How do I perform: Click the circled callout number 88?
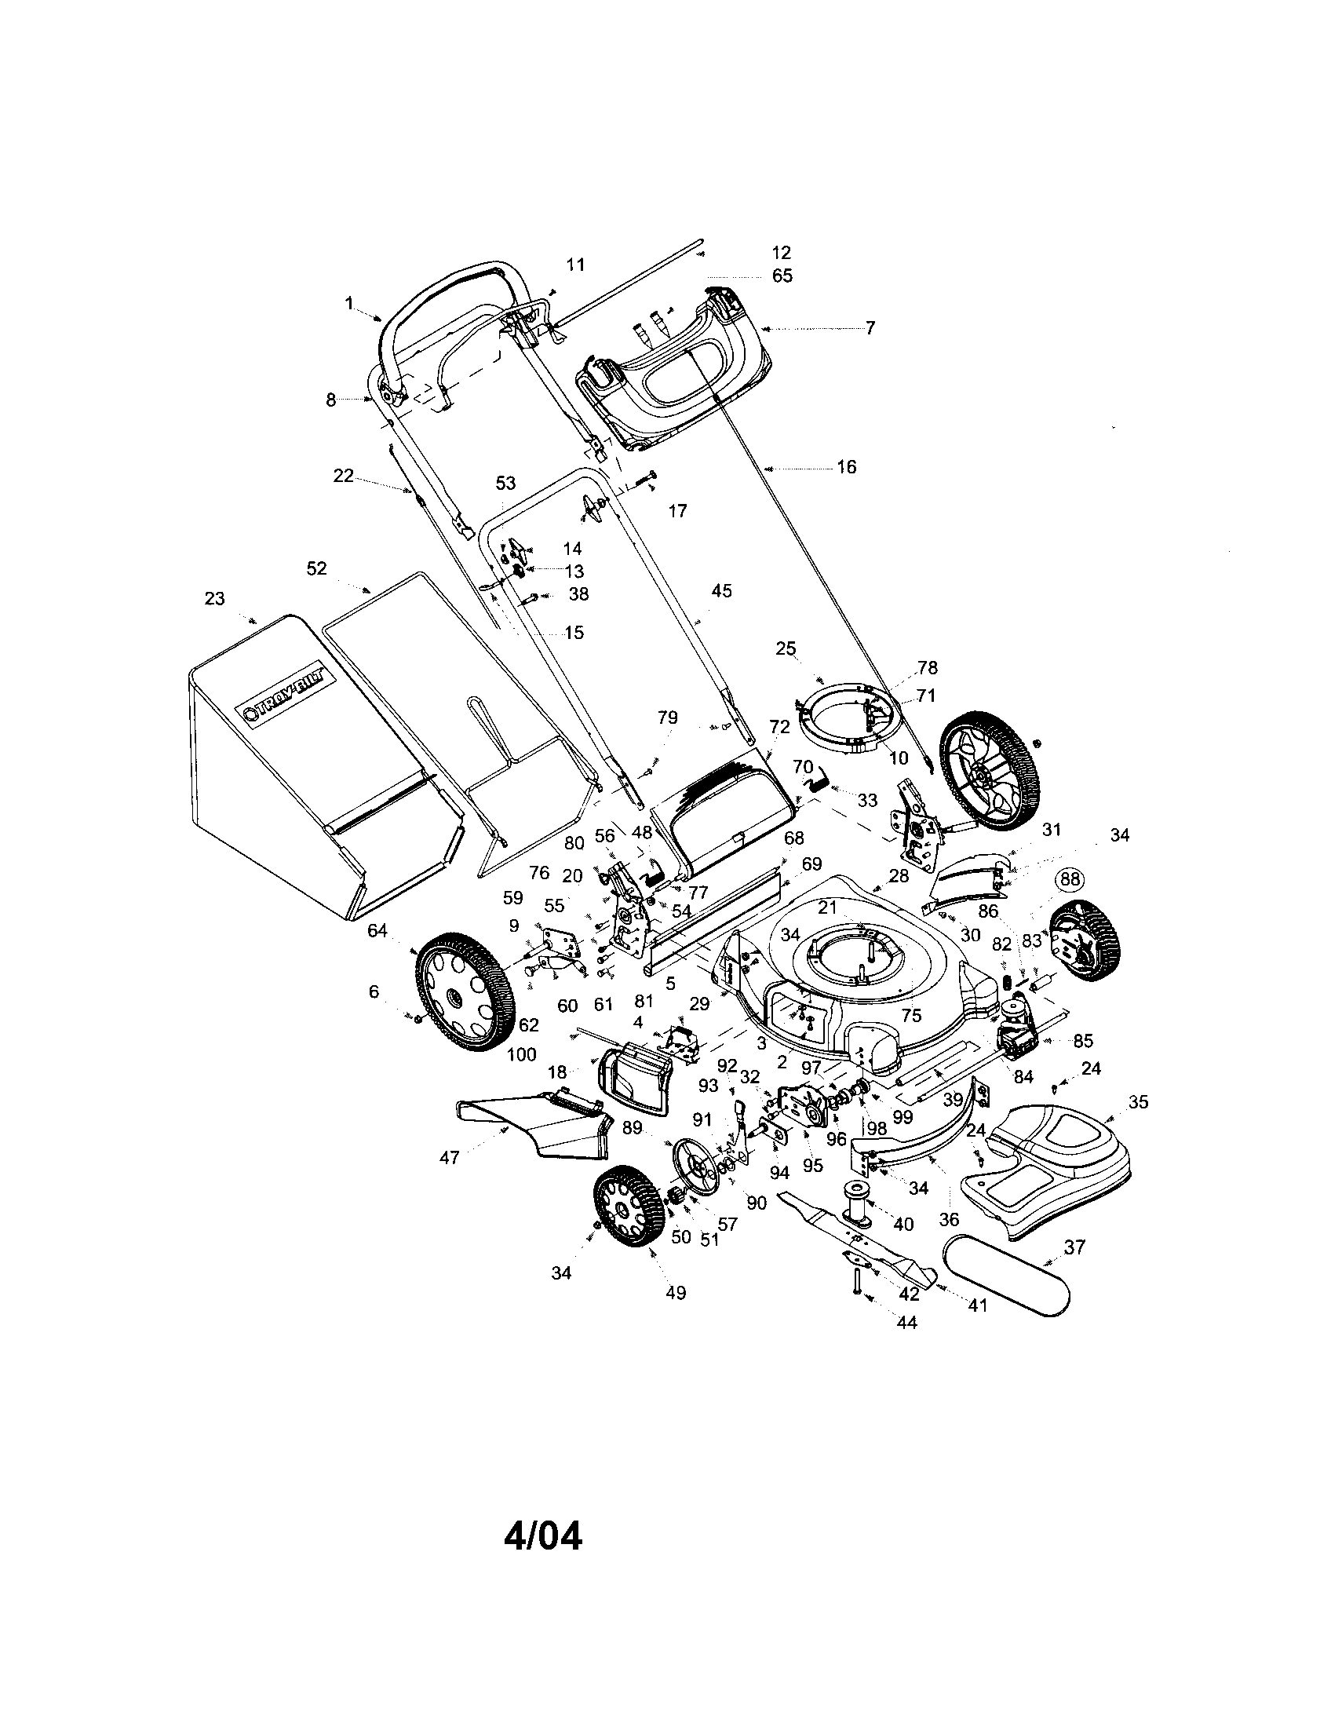pyautogui.click(x=1070, y=879)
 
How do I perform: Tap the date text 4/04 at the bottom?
pyautogui.click(x=543, y=1536)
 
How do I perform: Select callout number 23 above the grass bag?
pyautogui.click(x=214, y=599)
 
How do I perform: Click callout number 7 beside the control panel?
pyautogui.click(x=870, y=328)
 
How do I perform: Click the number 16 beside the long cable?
pyautogui.click(x=847, y=467)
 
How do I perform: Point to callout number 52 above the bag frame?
pyautogui.click(x=316, y=568)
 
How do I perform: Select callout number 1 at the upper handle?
pyautogui.click(x=349, y=304)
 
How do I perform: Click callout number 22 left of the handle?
pyautogui.click(x=343, y=476)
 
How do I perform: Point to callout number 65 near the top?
pyautogui.click(x=782, y=276)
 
